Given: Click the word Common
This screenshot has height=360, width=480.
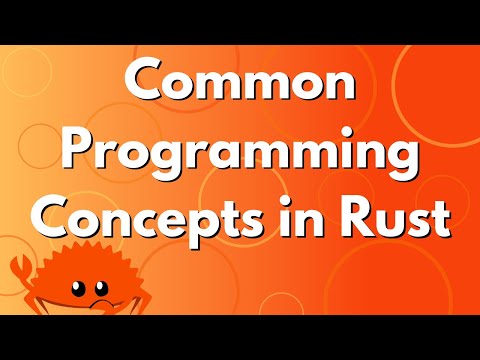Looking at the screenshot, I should click(x=240, y=88).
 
